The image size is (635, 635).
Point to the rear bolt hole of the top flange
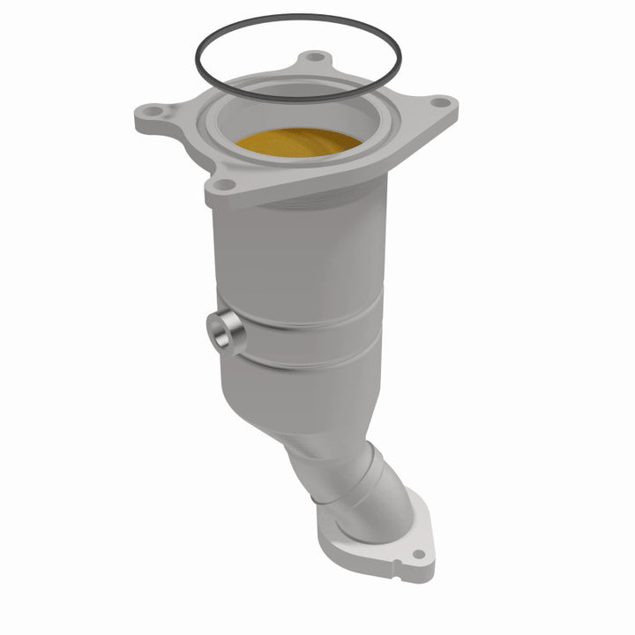(310, 58)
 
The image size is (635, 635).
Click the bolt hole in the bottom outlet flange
(417, 555)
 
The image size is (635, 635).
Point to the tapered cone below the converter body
(300, 415)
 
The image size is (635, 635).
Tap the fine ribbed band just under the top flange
(309, 205)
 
